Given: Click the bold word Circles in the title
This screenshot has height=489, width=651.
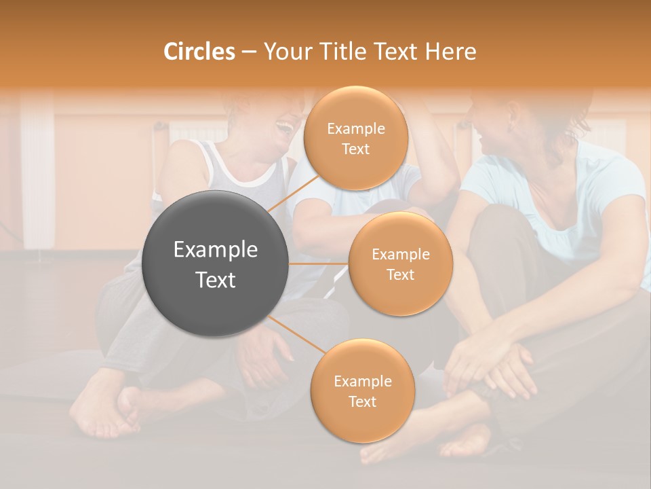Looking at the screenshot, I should coord(199,52).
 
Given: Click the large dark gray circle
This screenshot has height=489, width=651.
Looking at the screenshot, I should coord(216,264).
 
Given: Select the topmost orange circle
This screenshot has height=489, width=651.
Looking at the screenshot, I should coord(355,138).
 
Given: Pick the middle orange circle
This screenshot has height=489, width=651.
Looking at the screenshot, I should coord(400,264).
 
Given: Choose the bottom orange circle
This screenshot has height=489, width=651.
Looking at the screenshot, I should coord(362,391).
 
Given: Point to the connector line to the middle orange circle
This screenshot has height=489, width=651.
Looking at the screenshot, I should coord(319,264).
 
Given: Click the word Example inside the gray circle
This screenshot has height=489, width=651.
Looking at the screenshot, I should coord(216,250).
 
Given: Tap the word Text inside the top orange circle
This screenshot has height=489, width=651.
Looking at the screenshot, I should coord(355,149).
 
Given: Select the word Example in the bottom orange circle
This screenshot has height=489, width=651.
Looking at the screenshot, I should coord(362,381).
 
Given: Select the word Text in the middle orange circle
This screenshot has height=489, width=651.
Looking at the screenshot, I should coord(400,274).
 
